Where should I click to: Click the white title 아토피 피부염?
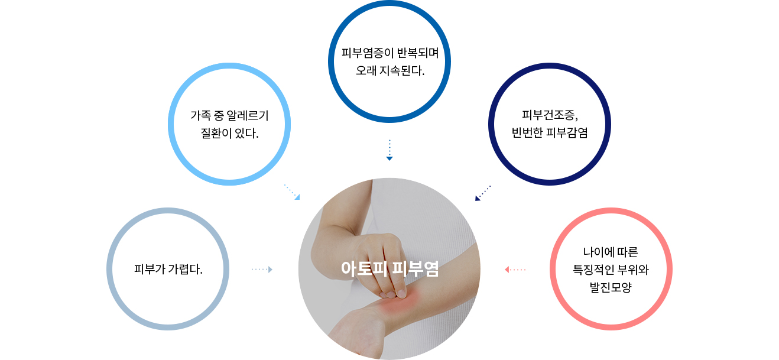pyautogui.click(x=389, y=269)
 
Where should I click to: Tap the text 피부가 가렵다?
pyautogui.click(x=168, y=269)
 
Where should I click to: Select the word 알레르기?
pyautogui.click(x=248, y=115)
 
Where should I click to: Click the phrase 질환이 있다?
pyautogui.click(x=229, y=133)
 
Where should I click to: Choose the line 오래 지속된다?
pyautogui.click(x=390, y=70)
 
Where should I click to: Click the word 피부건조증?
pyautogui.click(x=550, y=115)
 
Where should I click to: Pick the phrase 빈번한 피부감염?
pyautogui.click(x=550, y=132)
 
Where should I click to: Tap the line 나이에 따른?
pyautogui.click(x=611, y=252)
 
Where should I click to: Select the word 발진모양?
pyautogui.click(x=611, y=287)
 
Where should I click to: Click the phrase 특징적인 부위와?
pyautogui.click(x=611, y=270)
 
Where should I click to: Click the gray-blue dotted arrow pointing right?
pyautogui.click(x=262, y=269)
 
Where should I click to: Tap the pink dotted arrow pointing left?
pyautogui.click(x=515, y=270)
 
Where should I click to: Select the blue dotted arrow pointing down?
pyautogui.click(x=389, y=150)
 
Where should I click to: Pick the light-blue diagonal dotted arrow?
pyautogui.click(x=292, y=192)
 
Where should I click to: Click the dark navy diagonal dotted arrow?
pyautogui.click(x=483, y=193)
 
